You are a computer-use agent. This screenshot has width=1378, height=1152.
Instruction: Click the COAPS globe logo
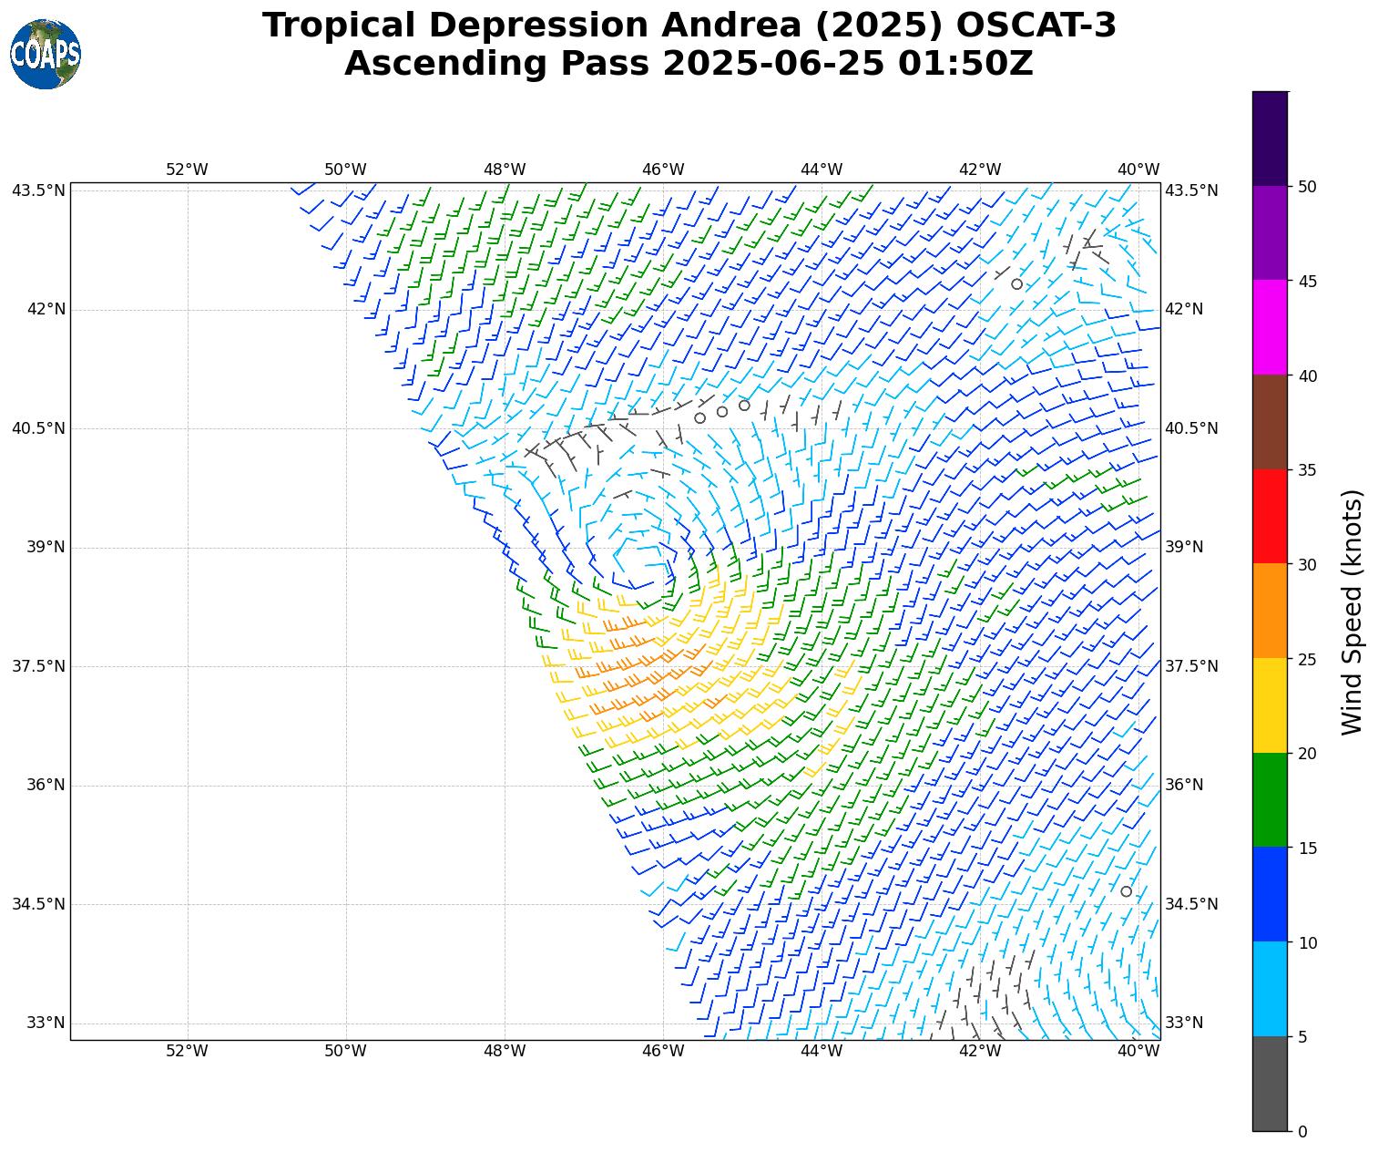[x=46, y=55]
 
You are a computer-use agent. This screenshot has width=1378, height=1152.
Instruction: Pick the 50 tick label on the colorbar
[x=1307, y=187]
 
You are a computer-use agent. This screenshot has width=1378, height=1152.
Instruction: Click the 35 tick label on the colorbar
[x=1307, y=470]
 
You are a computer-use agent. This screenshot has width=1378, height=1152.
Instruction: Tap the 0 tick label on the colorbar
[x=1302, y=1132]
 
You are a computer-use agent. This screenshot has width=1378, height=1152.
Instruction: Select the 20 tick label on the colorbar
[x=1307, y=754]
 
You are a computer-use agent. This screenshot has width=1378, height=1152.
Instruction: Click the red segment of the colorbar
[x=1271, y=517]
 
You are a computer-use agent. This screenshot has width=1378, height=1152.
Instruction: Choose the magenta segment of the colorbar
[x=1271, y=327]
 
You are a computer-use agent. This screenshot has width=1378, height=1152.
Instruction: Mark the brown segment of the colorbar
[x=1271, y=422]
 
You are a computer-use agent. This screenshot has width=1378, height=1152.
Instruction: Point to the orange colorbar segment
[x=1271, y=611]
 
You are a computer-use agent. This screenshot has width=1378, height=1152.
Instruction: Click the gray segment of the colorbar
[x=1271, y=1084]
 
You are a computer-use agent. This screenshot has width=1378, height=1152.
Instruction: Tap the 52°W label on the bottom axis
[x=187, y=1051]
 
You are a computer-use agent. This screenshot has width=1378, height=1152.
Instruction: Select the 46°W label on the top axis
[x=663, y=170]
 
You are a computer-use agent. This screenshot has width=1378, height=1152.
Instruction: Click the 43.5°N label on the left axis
[x=38, y=190]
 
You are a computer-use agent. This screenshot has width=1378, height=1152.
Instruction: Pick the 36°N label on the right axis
[x=1184, y=785]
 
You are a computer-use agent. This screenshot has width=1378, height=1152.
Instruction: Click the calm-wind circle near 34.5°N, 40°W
[x=1127, y=891]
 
